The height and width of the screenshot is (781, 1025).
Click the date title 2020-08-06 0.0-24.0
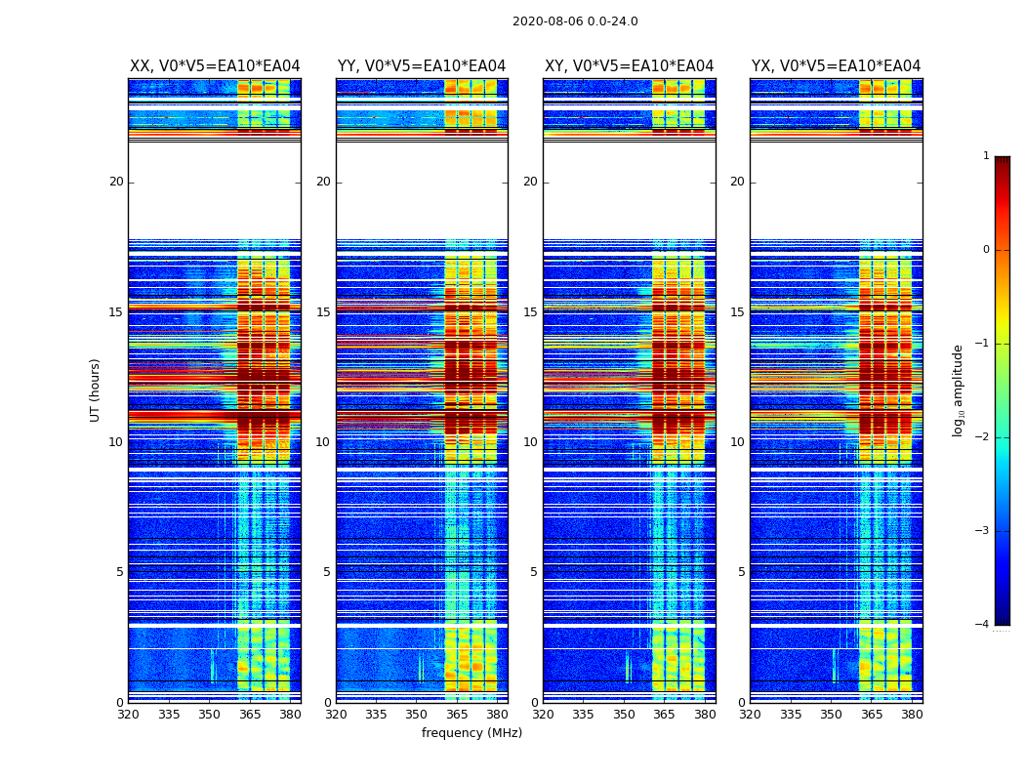pyautogui.click(x=575, y=21)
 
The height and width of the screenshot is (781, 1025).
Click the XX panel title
pyautogui.click(x=215, y=66)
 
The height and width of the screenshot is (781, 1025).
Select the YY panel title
pyautogui.click(x=422, y=66)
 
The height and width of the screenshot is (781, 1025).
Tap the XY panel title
pyautogui.click(x=629, y=66)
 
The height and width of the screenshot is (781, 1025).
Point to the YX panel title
pyautogui.click(x=836, y=66)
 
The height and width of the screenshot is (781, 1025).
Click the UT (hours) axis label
pyautogui.click(x=96, y=390)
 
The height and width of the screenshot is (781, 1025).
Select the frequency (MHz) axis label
pyautogui.click(x=471, y=733)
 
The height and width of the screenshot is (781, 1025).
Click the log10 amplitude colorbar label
pyautogui.click(x=959, y=390)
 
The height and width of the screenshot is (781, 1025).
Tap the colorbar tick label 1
pyautogui.click(x=986, y=156)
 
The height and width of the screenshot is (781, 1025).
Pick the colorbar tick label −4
pyautogui.click(x=983, y=625)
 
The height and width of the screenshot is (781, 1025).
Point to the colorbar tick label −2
pyautogui.click(x=983, y=437)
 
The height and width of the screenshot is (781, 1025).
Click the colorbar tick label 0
pyautogui.click(x=986, y=250)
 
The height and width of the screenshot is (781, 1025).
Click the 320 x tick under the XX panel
pyautogui.click(x=129, y=715)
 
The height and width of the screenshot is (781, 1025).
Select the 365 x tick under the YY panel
pyautogui.click(x=457, y=715)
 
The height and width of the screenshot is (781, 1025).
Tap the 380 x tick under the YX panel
pyautogui.click(x=912, y=715)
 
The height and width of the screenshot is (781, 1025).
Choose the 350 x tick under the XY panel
pyautogui.click(x=624, y=715)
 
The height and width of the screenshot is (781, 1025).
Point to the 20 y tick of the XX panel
pyautogui.click(x=116, y=182)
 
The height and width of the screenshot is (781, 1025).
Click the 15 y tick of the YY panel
pyautogui.click(x=323, y=312)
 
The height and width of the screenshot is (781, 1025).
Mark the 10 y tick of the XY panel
pyautogui.click(x=530, y=442)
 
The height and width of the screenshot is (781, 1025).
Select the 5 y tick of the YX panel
pyautogui.click(x=741, y=572)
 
